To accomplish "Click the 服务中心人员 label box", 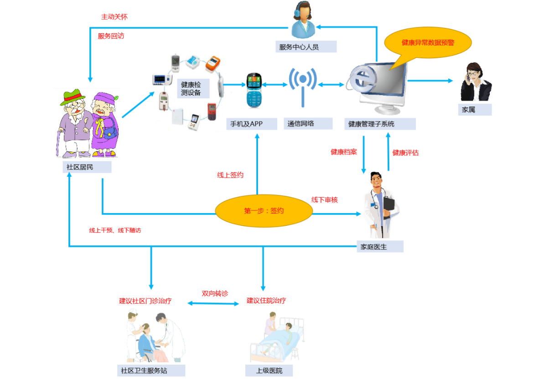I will tap(306, 46).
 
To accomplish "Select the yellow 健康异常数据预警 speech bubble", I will tap(428, 42).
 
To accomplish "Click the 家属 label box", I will tap(474, 110).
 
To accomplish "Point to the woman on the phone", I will tap(475, 82).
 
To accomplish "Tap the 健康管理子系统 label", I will tap(380, 124).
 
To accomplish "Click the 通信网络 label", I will tap(301, 123).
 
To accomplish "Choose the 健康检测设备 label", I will tap(193, 88).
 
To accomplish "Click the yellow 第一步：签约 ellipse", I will tap(264, 211).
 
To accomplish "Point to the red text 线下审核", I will tap(324, 200).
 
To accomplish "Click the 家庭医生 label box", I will tap(380, 247).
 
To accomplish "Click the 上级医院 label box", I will tap(269, 371).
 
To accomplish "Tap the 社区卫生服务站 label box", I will tap(150, 371).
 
